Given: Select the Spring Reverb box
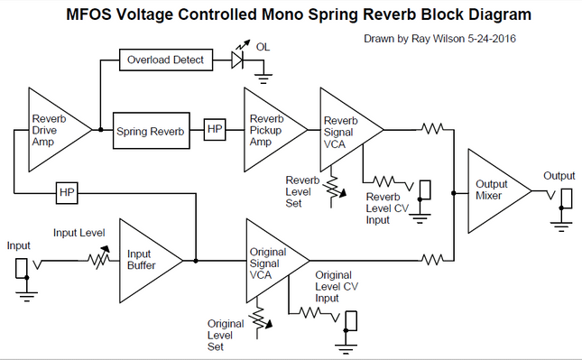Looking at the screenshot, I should [x=150, y=132].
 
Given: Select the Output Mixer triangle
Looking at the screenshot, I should [x=493, y=190].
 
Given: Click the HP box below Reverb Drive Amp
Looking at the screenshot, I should [x=67, y=192].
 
